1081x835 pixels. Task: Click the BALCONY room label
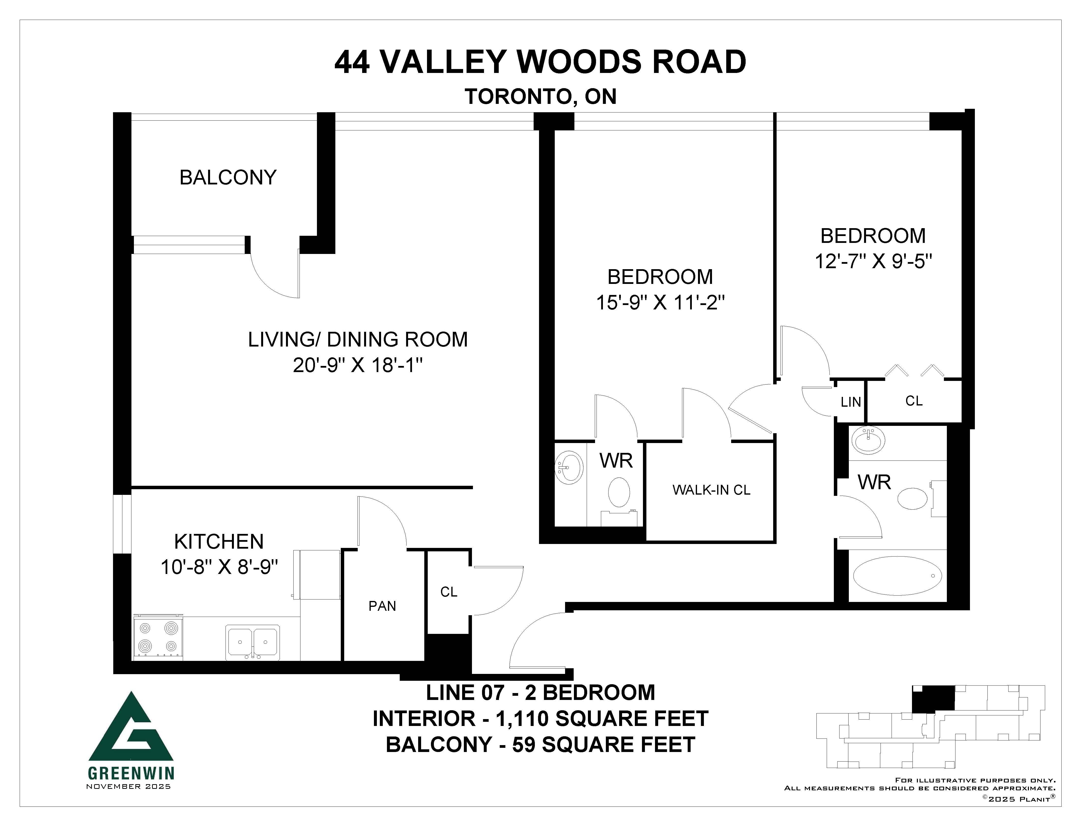[228, 177]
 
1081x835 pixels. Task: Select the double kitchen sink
[252, 642]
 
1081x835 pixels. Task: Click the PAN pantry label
[382, 606]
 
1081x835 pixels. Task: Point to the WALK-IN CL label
[711, 490]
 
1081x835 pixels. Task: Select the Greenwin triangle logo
[131, 727]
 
